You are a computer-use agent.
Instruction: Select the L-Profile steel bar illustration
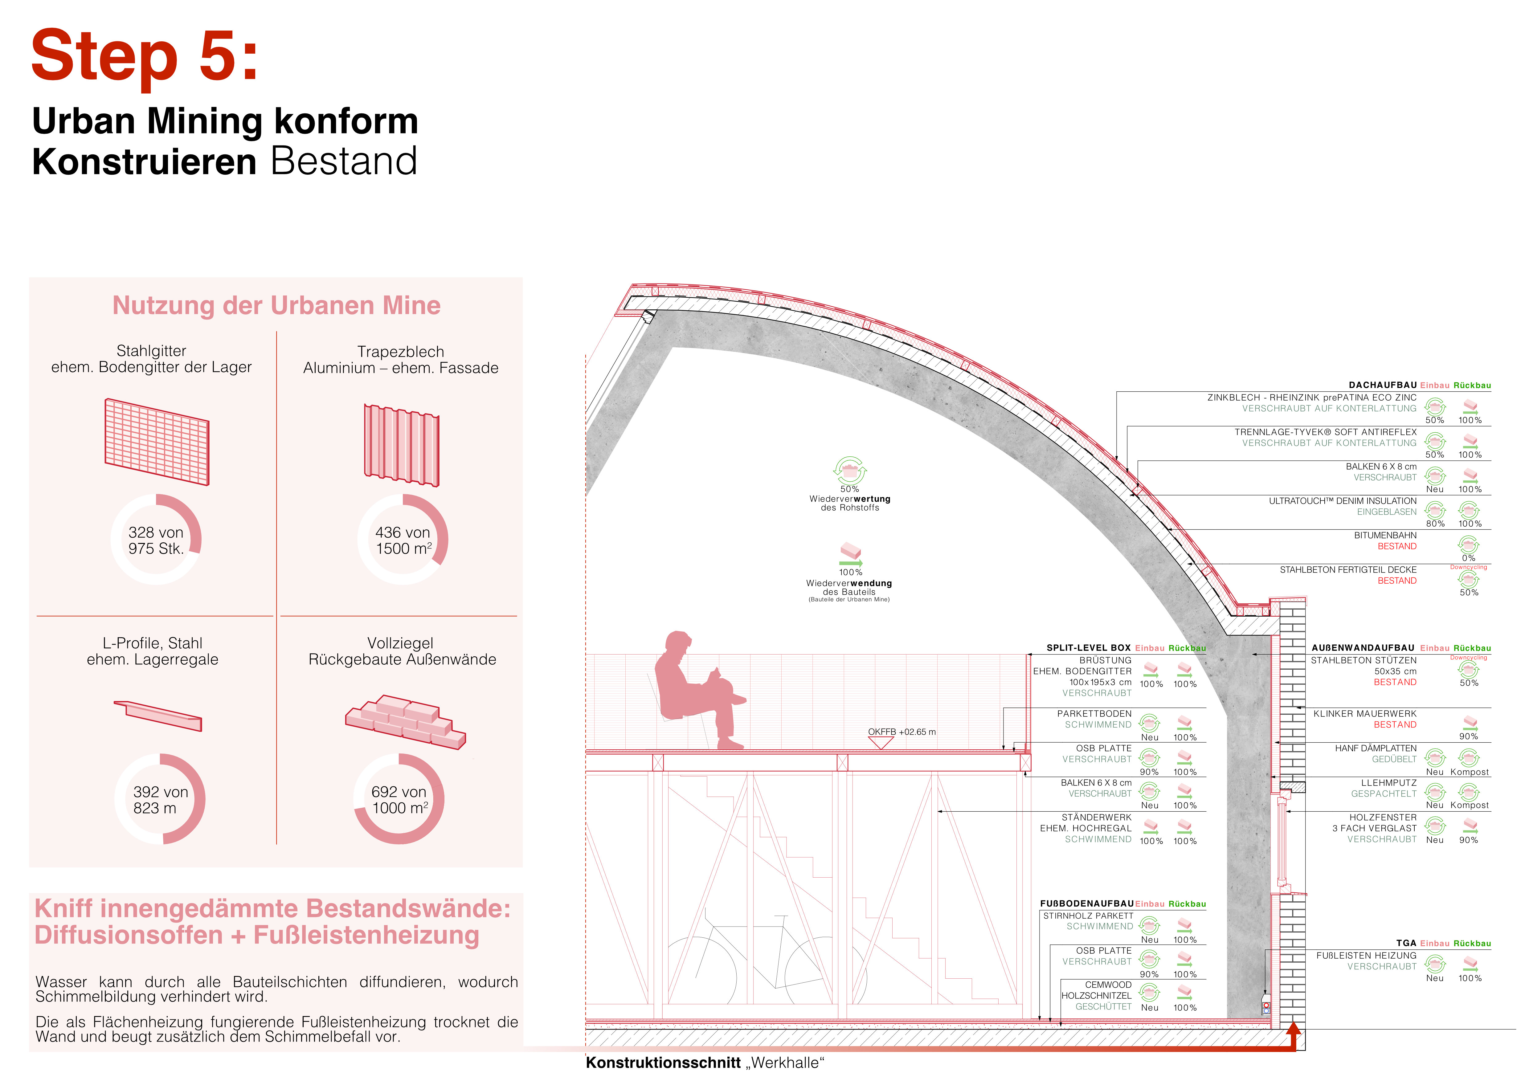[x=158, y=716]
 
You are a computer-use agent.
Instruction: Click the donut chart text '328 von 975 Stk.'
[x=156, y=540]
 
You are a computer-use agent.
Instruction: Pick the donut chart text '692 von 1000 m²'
[x=399, y=800]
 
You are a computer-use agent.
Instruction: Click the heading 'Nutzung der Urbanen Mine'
[x=276, y=305]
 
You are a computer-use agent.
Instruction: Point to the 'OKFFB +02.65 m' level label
[x=902, y=732]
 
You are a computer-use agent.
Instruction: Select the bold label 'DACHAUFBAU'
[x=1383, y=385]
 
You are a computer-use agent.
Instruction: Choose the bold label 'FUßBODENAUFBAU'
[x=1087, y=903]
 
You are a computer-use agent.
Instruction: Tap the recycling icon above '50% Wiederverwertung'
[x=850, y=471]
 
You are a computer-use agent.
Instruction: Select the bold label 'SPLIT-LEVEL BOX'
[x=1089, y=648]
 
